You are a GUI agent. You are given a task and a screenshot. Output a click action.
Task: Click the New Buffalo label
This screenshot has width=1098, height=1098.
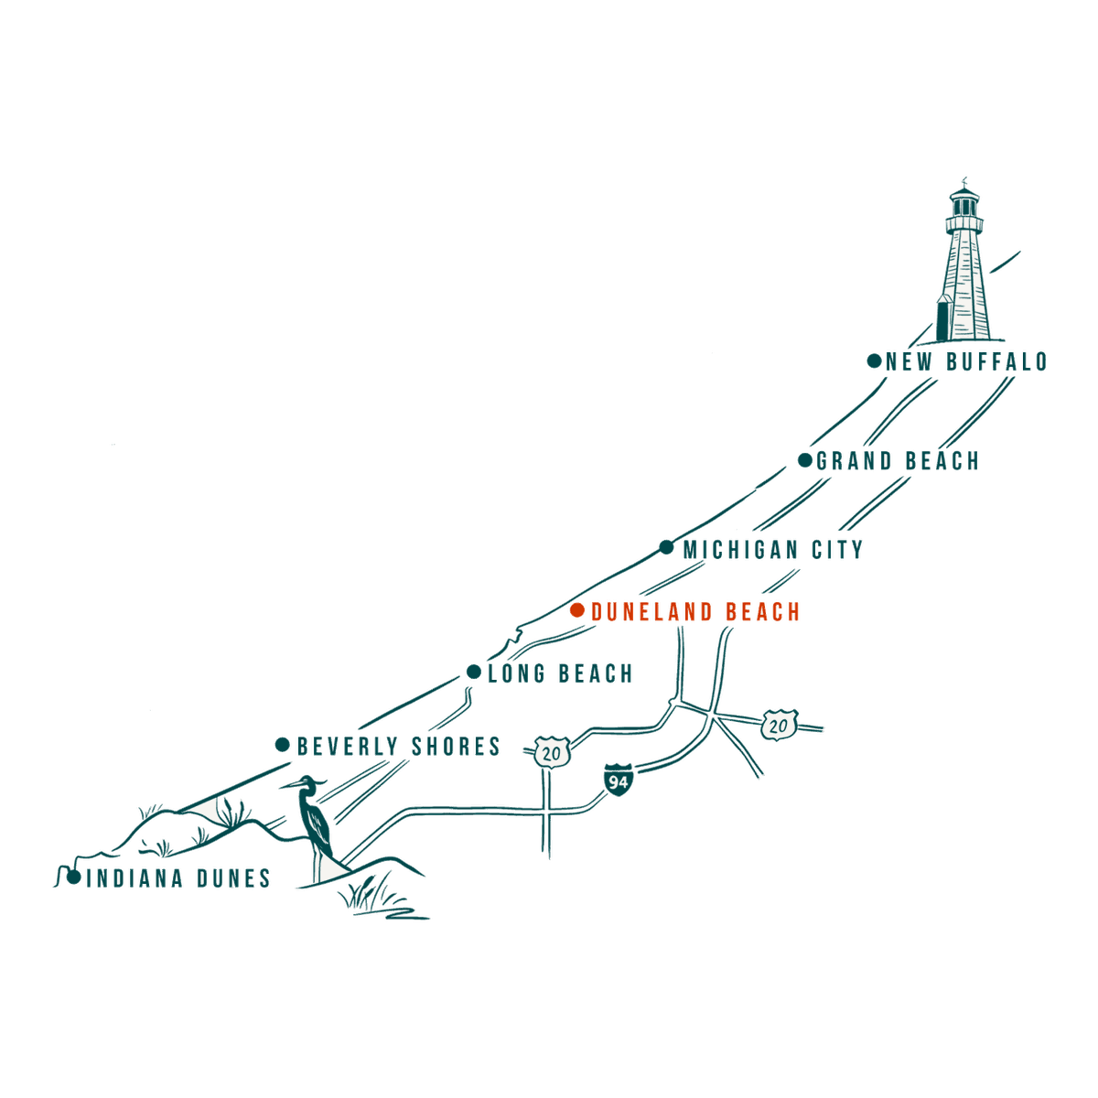click(966, 361)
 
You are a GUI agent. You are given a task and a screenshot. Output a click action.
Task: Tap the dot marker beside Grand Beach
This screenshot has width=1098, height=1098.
click(804, 460)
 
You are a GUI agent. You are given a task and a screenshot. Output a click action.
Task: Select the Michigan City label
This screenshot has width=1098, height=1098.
click(772, 550)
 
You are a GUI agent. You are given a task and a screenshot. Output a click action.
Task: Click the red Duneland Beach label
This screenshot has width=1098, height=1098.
click(695, 612)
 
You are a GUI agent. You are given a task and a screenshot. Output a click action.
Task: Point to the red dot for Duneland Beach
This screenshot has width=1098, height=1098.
click(577, 610)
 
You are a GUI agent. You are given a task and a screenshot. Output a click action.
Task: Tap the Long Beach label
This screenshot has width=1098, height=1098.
click(561, 673)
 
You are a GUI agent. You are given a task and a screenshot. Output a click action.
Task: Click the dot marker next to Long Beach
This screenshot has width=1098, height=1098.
click(473, 672)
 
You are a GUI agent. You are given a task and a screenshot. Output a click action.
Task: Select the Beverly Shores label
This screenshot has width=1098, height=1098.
click(399, 747)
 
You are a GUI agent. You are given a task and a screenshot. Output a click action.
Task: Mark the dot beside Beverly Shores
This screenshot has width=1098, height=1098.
click(283, 745)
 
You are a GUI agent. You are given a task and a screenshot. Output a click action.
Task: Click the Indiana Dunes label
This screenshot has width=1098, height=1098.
click(178, 878)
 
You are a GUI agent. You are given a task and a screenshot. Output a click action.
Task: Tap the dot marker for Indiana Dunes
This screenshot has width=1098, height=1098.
click(73, 877)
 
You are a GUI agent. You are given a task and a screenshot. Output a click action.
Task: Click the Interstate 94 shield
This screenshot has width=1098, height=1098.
click(619, 780)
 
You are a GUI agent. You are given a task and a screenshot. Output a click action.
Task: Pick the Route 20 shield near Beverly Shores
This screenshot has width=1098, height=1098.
click(552, 752)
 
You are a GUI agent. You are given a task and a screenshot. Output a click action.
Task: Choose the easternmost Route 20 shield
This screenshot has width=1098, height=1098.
click(779, 725)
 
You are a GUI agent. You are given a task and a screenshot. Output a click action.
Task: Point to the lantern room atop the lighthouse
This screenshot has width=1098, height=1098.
click(964, 204)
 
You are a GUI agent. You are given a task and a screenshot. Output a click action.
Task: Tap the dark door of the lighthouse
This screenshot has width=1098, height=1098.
click(944, 321)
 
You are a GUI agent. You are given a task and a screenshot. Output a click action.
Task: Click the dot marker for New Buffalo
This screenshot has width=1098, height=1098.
click(874, 361)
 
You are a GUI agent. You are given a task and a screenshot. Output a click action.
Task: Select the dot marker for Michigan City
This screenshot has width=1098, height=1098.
click(666, 547)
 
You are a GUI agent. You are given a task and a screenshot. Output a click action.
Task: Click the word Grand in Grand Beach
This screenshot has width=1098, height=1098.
click(854, 461)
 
